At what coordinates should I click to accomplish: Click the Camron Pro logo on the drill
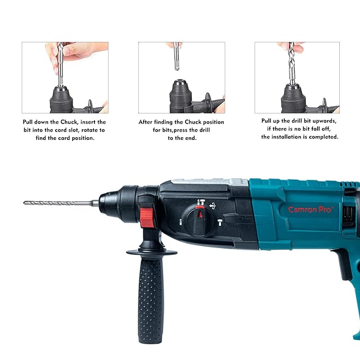[310, 209]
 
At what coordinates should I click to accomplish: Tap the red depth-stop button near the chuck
[147, 217]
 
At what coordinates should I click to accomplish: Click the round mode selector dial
[200, 221]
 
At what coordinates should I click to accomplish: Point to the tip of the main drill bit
[24, 203]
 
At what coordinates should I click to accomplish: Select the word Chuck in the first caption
[69, 122]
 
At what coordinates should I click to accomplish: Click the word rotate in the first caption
[89, 130]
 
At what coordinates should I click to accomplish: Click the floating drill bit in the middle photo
[177, 56]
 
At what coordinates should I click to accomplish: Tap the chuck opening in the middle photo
[180, 81]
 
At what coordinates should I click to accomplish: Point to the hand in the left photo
[76, 54]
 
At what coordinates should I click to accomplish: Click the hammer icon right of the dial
[220, 222]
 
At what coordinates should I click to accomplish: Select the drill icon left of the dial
[180, 222]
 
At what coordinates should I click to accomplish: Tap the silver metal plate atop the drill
[209, 181]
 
